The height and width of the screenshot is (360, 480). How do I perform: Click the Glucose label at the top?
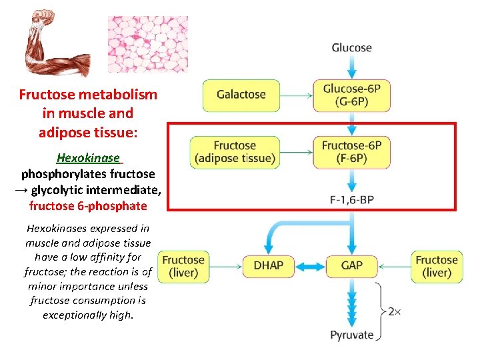tap(351, 47)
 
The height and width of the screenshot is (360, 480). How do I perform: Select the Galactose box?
tap(241, 95)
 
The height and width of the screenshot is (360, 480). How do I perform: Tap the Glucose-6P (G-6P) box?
tap(351, 95)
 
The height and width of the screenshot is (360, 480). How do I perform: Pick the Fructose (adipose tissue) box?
tap(235, 152)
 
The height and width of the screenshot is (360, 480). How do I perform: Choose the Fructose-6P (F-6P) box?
tap(351, 152)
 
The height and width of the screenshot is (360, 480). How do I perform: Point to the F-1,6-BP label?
tap(351, 199)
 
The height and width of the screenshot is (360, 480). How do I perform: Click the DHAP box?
tap(268, 265)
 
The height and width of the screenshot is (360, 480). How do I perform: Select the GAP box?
tap(351, 265)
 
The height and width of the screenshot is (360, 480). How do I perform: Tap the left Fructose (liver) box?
tap(183, 266)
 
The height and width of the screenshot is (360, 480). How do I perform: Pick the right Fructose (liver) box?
tap(436, 266)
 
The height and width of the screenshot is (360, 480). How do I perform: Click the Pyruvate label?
tap(351, 335)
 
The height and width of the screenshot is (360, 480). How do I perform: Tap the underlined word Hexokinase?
tap(88, 159)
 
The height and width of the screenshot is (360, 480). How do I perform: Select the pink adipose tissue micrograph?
tap(147, 43)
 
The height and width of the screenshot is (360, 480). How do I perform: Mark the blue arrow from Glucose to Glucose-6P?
tap(351, 67)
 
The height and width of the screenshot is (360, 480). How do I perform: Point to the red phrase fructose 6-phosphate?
tap(88, 206)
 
